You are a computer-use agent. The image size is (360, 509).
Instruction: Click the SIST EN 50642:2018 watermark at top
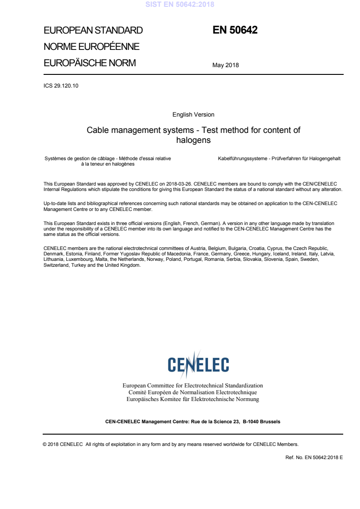(x=180, y=5)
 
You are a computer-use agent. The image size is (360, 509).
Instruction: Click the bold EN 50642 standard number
(x=235, y=30)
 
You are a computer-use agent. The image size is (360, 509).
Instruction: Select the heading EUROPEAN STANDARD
(x=93, y=31)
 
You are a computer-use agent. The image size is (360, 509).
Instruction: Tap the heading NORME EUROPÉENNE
(x=91, y=47)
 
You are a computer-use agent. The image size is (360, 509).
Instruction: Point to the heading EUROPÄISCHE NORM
(x=89, y=63)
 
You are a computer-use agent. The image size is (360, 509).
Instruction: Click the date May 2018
(x=226, y=65)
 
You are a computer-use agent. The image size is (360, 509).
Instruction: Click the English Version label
(x=193, y=115)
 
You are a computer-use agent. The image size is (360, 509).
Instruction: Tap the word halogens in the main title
(x=193, y=140)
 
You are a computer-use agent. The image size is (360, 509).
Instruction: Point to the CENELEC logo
(x=193, y=364)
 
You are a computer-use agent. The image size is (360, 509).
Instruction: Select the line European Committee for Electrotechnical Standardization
(x=193, y=386)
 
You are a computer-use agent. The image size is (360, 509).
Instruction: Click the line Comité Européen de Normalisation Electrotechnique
(x=193, y=392)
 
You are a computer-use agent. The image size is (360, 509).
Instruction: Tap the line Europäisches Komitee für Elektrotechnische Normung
(x=193, y=399)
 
